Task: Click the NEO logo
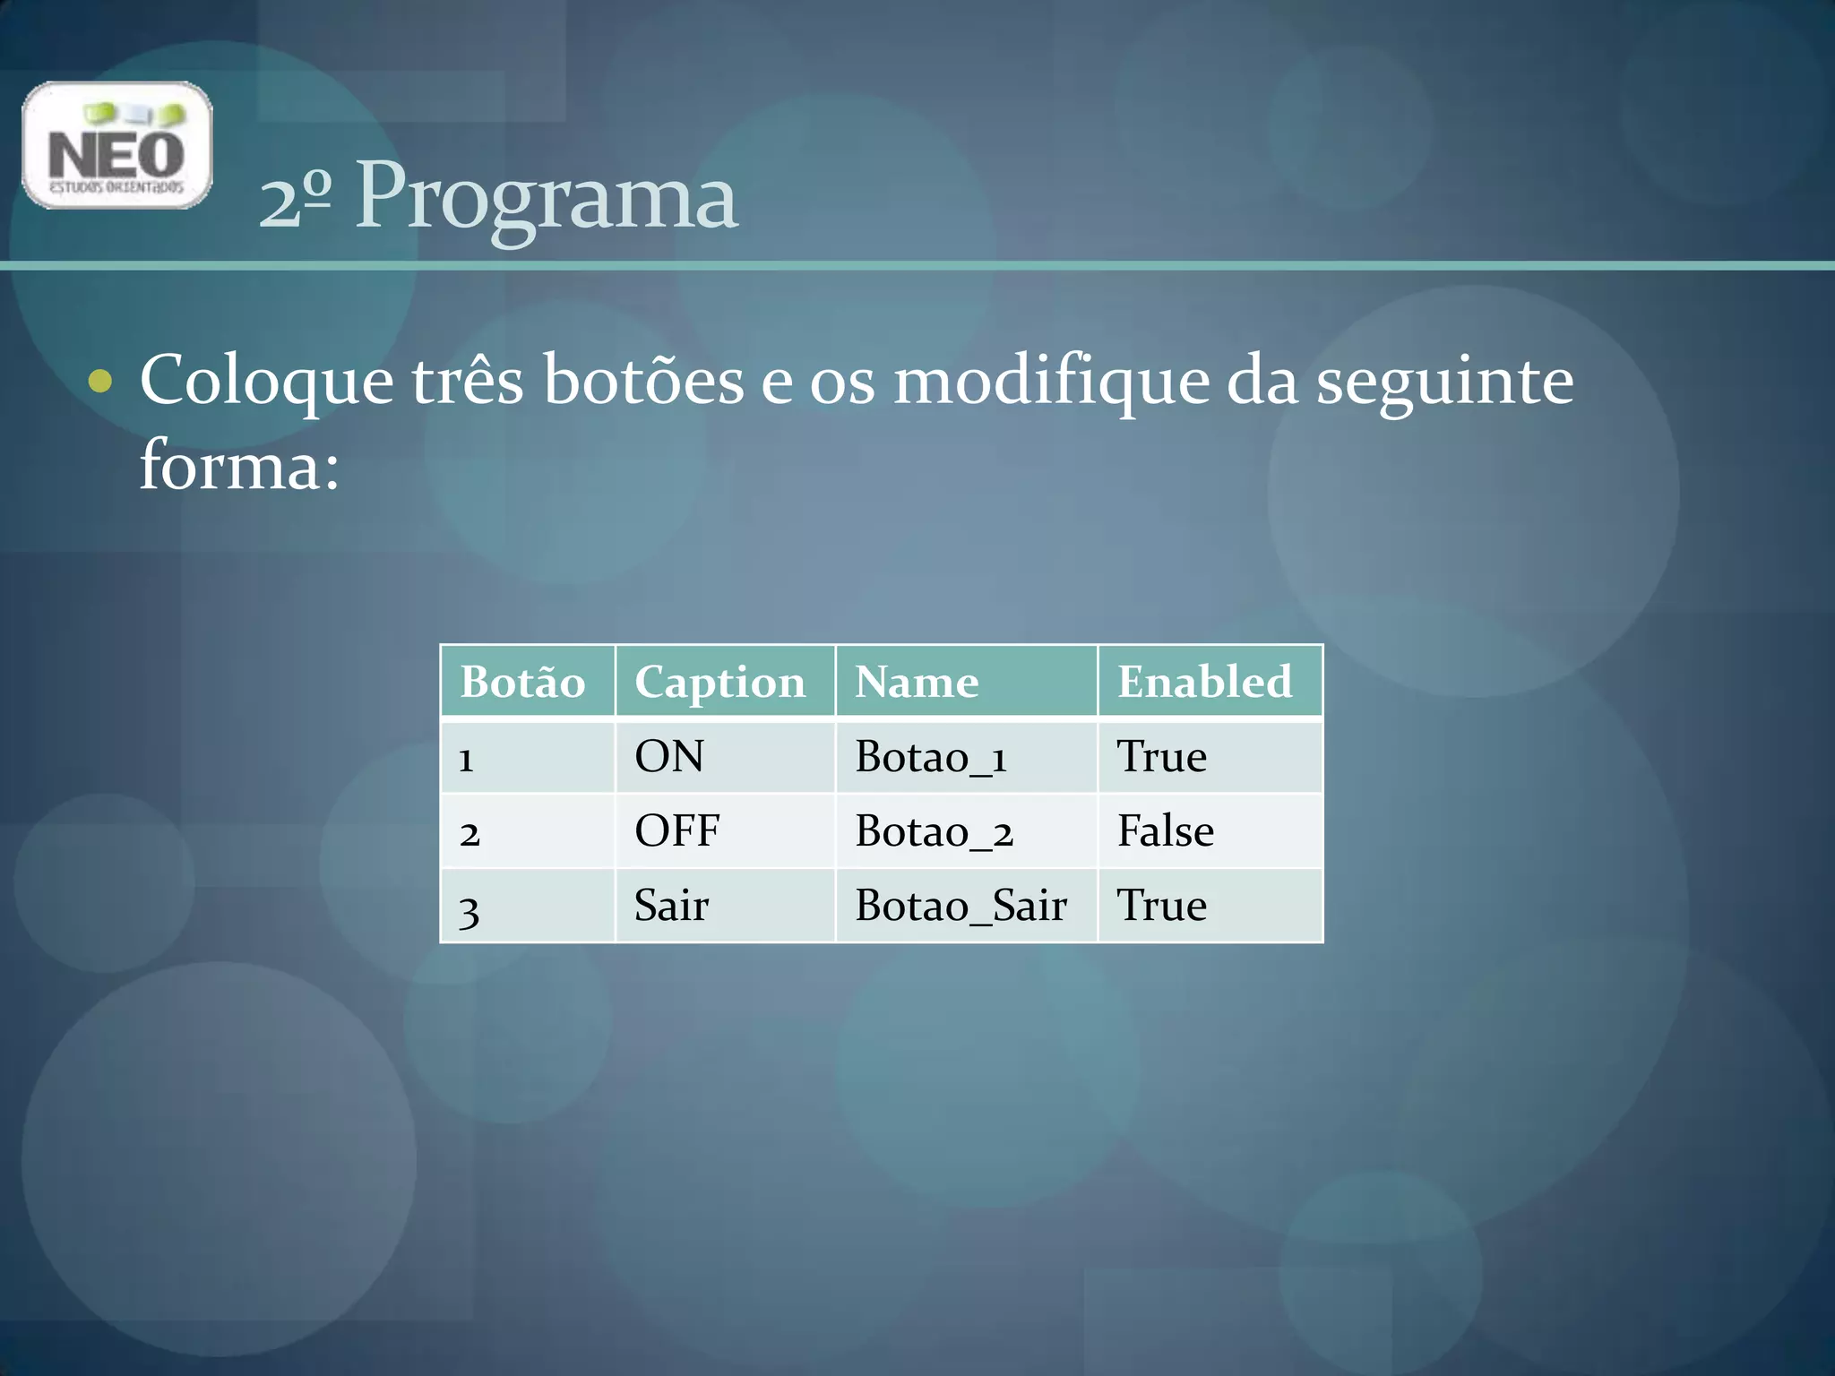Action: tap(117, 146)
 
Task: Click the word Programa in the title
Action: tap(546, 197)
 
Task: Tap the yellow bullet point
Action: tap(100, 382)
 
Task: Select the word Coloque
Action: tap(266, 382)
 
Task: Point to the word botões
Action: tap(643, 380)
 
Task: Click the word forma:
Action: tap(239, 466)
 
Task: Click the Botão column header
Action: tap(522, 682)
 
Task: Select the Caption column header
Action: tap(719, 683)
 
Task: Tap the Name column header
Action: tap(916, 682)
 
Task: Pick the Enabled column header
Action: tap(1204, 682)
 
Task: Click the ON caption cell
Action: tap(668, 757)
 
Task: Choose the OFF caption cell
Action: tap(676, 831)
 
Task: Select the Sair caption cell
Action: tap(671, 906)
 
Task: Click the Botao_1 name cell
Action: tap(931, 758)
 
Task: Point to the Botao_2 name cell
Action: tap(934, 832)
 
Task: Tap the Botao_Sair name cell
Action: tap(961, 906)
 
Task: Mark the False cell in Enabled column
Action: tap(1165, 831)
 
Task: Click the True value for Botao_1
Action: tap(1161, 757)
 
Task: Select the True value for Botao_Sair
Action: tap(1161, 906)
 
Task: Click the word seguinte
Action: tap(1444, 382)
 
